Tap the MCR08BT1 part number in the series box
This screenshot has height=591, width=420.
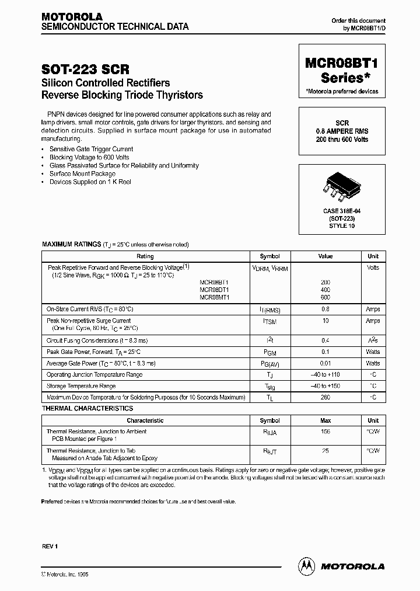341,64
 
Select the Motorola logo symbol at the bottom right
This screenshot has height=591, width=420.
306,566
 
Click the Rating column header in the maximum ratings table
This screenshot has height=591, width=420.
145,256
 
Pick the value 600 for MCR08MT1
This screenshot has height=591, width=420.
325,297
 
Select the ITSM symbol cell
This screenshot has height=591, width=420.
269,321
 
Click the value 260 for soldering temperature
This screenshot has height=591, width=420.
325,397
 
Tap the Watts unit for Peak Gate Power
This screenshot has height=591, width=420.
373,352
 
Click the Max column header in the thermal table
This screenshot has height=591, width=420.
325,420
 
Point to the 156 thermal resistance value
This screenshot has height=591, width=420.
325,432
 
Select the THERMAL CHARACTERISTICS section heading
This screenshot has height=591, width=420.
87,409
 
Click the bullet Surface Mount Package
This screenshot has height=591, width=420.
82,173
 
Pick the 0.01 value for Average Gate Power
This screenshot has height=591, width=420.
325,363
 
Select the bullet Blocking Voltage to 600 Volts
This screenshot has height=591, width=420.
89,157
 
